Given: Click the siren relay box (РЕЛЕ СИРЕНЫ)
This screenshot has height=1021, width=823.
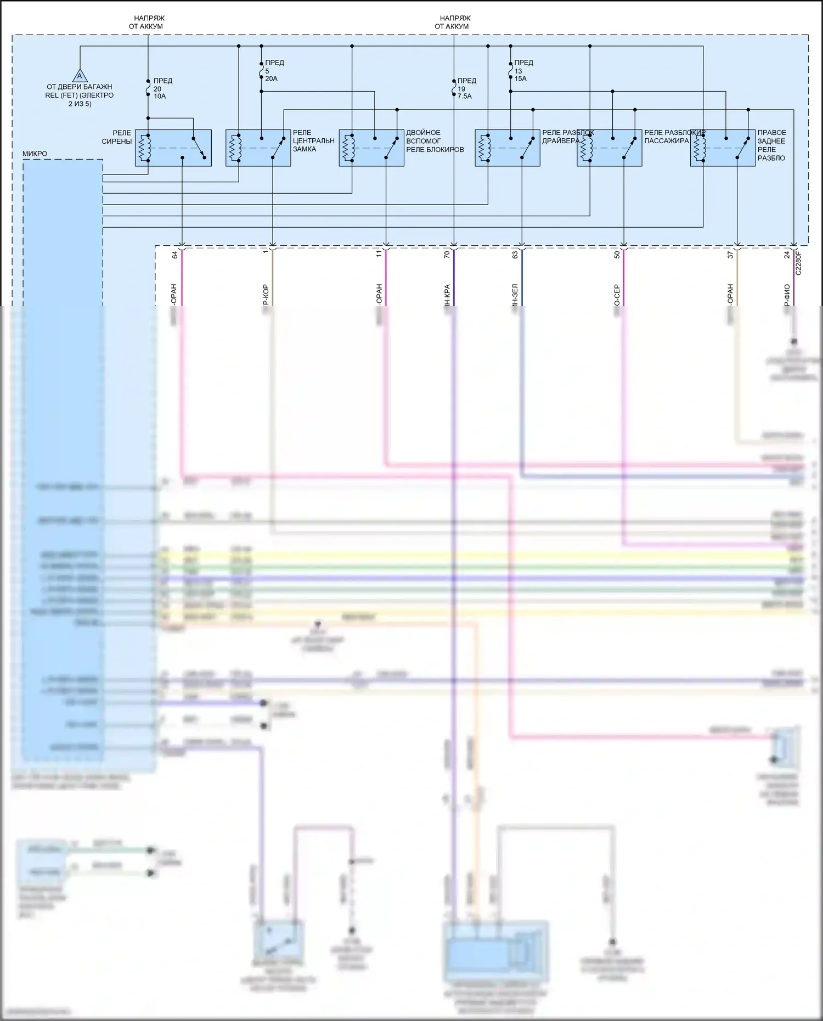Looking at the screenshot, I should [x=173, y=148].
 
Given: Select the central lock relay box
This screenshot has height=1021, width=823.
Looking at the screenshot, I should [x=258, y=148].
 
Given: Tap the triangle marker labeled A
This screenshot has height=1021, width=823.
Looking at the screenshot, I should [x=80, y=76].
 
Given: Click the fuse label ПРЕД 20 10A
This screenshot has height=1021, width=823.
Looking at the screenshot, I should [x=162, y=88].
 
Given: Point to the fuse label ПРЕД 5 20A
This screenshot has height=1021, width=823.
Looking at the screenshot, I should [x=274, y=71].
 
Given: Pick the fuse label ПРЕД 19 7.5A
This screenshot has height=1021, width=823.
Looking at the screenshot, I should [x=466, y=88].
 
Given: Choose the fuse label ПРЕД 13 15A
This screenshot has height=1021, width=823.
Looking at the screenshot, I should [x=523, y=71].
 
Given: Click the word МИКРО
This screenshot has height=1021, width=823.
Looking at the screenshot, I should [x=35, y=154].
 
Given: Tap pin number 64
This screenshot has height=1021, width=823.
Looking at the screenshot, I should [x=175, y=255].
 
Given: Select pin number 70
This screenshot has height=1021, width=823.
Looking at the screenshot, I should [x=447, y=255].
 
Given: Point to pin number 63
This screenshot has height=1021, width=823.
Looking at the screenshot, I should [x=515, y=255].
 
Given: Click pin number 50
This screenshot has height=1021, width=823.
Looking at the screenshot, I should [x=617, y=255].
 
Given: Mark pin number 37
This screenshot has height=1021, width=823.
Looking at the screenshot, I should [x=730, y=255].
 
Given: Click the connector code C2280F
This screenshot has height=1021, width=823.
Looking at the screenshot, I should [x=798, y=263].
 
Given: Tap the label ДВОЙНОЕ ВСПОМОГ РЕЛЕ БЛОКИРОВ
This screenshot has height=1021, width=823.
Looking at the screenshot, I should [x=435, y=141].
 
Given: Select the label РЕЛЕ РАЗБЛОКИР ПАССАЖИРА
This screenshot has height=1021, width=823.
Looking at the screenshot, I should [x=674, y=137].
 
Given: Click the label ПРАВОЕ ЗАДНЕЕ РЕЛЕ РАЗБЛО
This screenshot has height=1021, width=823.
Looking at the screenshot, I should [x=771, y=145].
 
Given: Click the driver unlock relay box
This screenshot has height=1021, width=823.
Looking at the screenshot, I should [x=507, y=148].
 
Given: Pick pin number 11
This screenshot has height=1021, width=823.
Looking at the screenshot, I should [x=379, y=255].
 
